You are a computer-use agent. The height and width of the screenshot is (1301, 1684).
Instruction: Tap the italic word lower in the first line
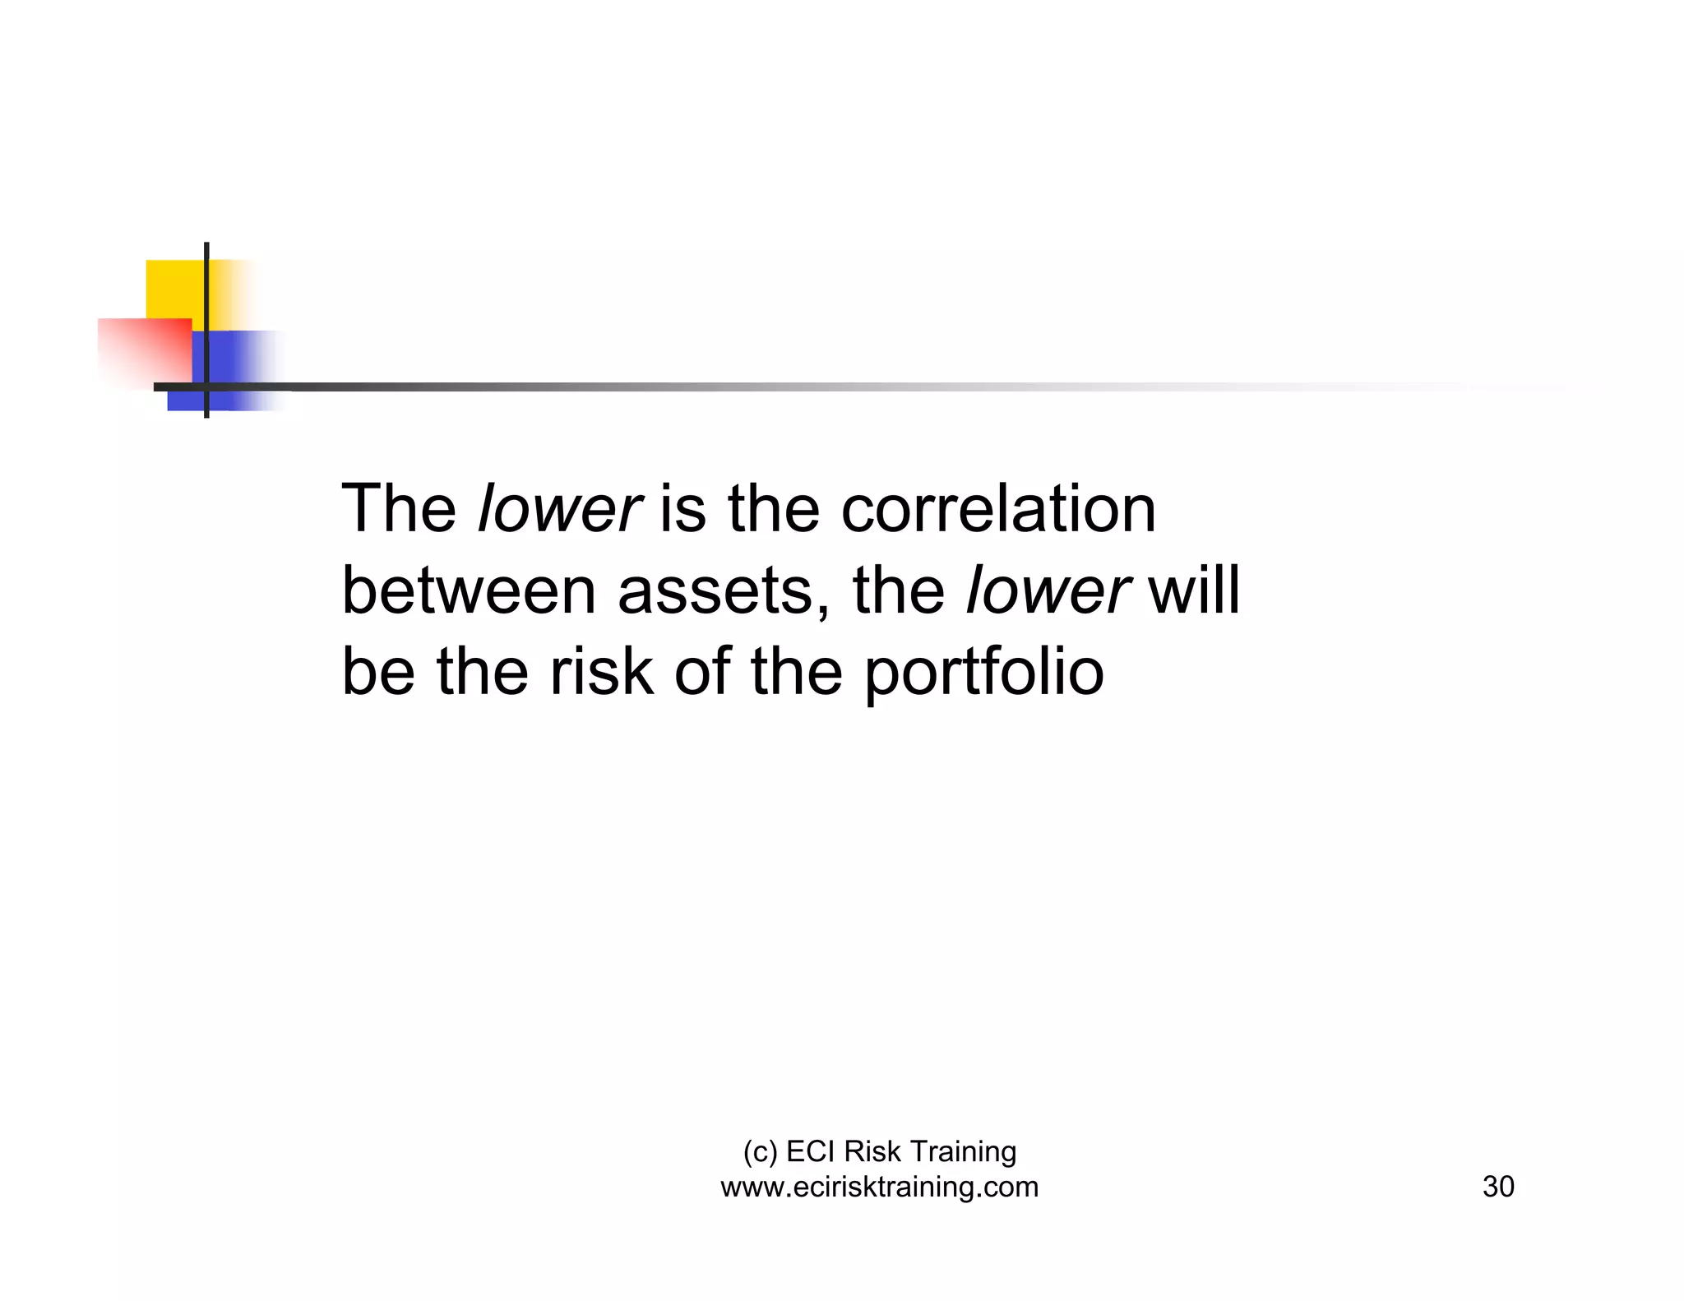click(x=558, y=509)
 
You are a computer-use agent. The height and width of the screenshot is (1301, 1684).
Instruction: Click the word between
click(x=468, y=590)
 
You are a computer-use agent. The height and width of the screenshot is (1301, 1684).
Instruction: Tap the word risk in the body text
click(x=601, y=671)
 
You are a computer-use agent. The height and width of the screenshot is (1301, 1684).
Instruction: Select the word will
click(x=1194, y=590)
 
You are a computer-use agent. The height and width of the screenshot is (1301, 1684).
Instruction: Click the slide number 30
click(x=1497, y=1187)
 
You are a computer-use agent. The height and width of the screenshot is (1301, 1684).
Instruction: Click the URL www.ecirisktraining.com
click(x=879, y=1187)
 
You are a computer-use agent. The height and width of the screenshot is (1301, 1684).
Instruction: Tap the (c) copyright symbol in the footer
click(x=759, y=1151)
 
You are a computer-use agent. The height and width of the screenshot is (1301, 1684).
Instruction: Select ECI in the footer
click(x=811, y=1151)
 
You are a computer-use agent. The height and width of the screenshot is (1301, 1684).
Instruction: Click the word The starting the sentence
click(x=399, y=509)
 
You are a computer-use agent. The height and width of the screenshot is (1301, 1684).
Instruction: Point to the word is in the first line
click(x=682, y=509)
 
